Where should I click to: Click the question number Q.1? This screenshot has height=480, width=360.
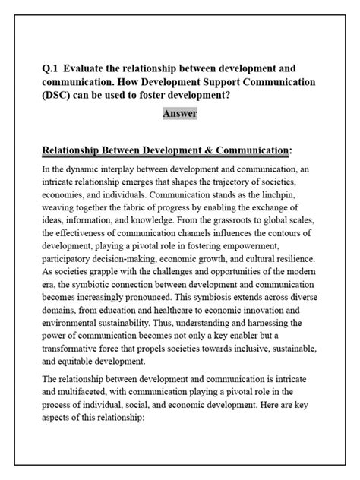point(50,67)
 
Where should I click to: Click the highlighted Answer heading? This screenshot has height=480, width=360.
point(179,114)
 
